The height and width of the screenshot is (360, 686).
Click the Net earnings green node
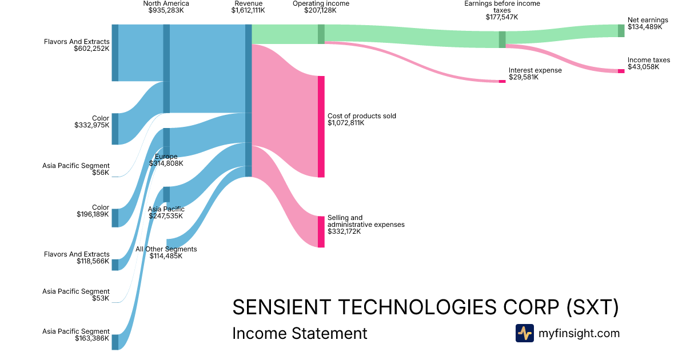[x=621, y=31]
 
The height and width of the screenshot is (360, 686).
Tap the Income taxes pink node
[x=621, y=71]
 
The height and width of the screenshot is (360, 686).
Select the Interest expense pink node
[x=502, y=81]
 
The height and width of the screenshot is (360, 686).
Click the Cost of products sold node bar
[x=321, y=127]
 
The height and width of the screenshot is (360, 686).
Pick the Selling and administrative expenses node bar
[x=321, y=232]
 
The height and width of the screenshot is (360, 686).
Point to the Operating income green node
[x=321, y=34]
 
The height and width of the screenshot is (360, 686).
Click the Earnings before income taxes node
[x=502, y=39]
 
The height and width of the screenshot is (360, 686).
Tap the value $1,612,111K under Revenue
[x=248, y=10]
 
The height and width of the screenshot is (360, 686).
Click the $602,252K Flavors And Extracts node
[x=115, y=53]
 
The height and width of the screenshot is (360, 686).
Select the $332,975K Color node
[x=115, y=129]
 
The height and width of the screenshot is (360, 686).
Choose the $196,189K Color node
[x=115, y=218]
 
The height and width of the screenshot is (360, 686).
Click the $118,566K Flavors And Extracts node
[x=115, y=265]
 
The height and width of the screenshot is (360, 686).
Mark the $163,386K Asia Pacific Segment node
[x=115, y=342]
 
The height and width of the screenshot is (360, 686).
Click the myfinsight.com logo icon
[x=525, y=333]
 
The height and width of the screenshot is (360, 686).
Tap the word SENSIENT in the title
[x=282, y=307]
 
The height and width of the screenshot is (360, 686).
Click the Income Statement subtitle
[x=300, y=333]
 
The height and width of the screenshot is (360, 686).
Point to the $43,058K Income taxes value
[x=643, y=67]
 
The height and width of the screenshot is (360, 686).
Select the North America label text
[x=166, y=3]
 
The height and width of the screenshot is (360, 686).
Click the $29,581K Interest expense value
[x=524, y=77]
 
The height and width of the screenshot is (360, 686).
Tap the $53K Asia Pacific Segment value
[x=101, y=298]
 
